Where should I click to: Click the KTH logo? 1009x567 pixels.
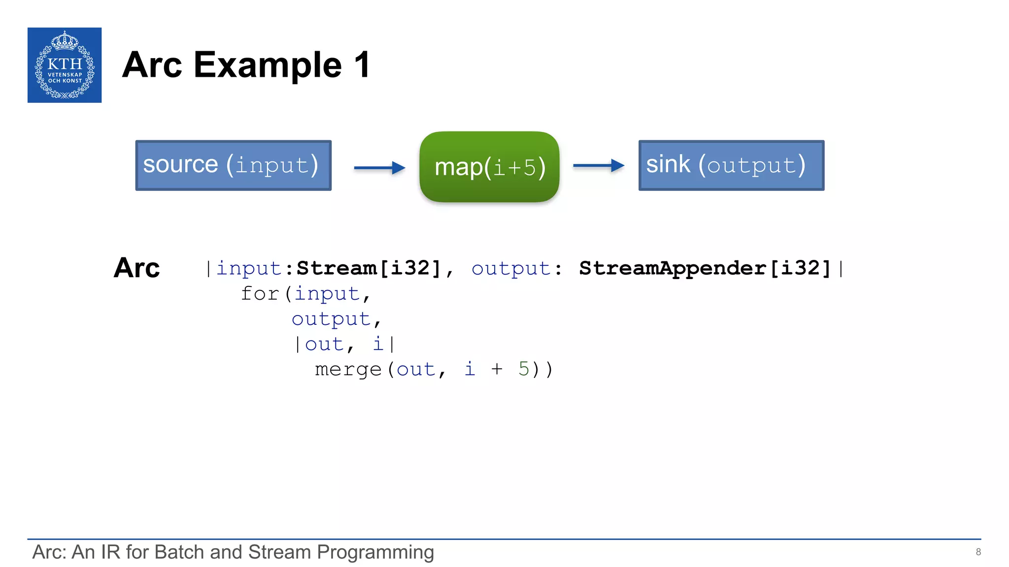click(x=65, y=65)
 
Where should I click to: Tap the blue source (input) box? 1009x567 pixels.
click(x=233, y=165)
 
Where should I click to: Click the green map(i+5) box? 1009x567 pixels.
click(x=489, y=167)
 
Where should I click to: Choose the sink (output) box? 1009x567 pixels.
click(x=731, y=165)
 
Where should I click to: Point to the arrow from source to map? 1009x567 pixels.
click(x=379, y=168)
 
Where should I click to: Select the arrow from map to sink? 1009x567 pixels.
click(x=598, y=166)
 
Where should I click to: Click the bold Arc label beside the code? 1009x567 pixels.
click(x=136, y=268)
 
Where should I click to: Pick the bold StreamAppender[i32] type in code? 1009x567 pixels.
click(x=705, y=268)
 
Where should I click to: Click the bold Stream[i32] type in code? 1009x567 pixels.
click(x=369, y=268)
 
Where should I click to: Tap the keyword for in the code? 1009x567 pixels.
click(x=260, y=294)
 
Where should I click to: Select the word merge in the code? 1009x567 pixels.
click(x=348, y=369)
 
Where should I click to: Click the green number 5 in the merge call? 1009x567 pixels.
click(x=523, y=369)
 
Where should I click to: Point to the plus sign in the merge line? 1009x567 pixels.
click(x=497, y=369)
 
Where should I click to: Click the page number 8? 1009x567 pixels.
click(x=978, y=552)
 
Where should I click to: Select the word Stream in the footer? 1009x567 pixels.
click(x=279, y=552)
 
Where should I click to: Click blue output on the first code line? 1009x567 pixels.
click(x=510, y=269)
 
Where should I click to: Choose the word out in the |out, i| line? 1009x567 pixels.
click(x=324, y=344)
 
